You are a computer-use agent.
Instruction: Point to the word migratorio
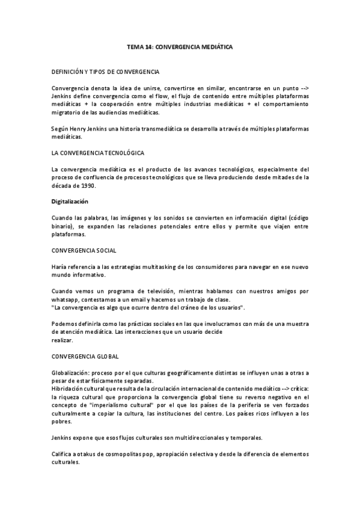tap(68, 112)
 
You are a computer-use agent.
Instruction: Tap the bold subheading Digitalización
tap(70, 202)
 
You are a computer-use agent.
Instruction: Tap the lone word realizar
tap(63, 340)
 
